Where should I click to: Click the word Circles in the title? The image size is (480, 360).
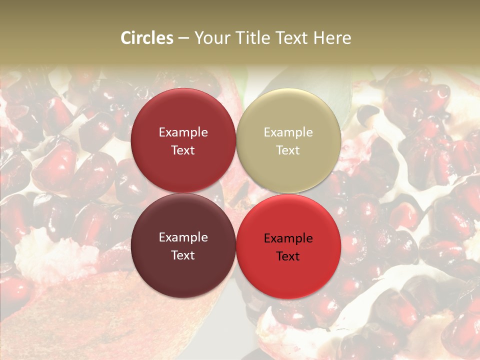[147, 38]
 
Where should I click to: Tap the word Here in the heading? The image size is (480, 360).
[332, 38]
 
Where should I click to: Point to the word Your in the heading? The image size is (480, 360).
[210, 38]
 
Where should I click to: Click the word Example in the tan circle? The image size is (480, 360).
[288, 132]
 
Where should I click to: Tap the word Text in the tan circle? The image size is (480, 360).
[288, 150]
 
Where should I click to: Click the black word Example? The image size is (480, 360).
[288, 238]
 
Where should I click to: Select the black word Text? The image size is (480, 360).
[288, 256]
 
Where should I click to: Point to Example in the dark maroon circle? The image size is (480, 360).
[183, 237]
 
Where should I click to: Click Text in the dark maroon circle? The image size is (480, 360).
[183, 255]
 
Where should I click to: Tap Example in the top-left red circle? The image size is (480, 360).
[183, 132]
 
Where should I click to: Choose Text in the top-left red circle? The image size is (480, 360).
[183, 150]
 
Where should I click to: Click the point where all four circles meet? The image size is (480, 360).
[236, 193]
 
